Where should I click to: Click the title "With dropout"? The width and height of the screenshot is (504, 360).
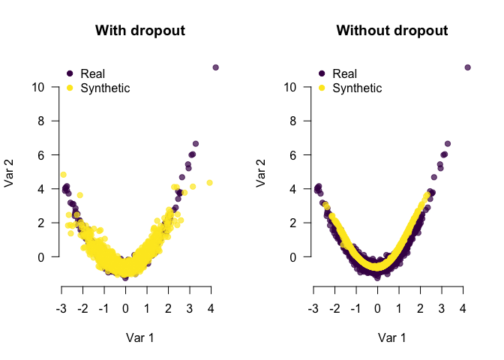140,31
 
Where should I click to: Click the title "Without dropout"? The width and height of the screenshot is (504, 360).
392,31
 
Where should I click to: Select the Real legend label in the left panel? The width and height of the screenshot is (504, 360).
92,73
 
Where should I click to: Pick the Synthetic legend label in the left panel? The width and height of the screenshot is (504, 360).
104,88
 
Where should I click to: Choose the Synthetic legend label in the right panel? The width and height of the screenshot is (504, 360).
356,88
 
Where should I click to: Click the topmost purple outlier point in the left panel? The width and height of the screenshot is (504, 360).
216,67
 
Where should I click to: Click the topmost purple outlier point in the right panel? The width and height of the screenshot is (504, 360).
468,67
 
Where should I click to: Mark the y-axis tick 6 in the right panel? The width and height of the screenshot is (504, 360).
298,154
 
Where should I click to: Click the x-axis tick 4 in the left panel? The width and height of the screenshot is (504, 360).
211,307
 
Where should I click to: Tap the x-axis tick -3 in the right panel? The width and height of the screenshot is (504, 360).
313,307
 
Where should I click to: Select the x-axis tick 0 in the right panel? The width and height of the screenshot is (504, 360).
377,307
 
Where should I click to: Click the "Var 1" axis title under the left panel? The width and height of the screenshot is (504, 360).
140,337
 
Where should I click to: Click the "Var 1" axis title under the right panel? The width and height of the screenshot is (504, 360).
392,337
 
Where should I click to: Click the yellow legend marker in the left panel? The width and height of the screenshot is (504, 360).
70,88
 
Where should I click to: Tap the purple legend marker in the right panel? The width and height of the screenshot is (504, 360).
322,73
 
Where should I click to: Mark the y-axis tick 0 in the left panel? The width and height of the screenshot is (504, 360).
46,256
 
